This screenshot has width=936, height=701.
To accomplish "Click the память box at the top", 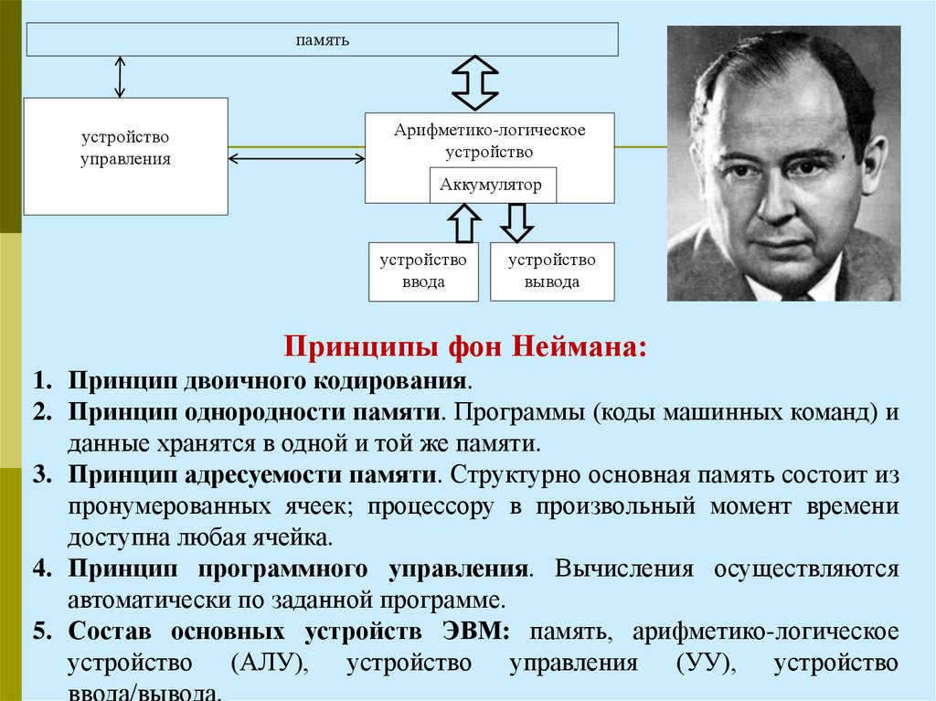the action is pos(322,40).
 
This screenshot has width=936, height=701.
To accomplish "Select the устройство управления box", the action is pos(125,155).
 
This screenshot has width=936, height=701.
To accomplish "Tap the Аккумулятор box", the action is pos(491,186).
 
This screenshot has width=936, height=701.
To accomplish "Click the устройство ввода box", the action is pos(423,271).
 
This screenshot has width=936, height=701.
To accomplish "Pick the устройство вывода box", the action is pos(552,271).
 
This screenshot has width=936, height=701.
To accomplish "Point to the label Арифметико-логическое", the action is pos(490,131).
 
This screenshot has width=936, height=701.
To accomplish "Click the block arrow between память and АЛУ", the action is pos(475,82).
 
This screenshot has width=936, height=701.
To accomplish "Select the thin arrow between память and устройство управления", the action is pos(120,77).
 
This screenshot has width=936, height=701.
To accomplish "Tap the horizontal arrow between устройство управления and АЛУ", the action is pos(296,159).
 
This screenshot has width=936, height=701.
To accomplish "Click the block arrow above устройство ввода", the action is pos(463,223).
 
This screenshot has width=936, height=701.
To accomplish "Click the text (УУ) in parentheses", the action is pos(705,664).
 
